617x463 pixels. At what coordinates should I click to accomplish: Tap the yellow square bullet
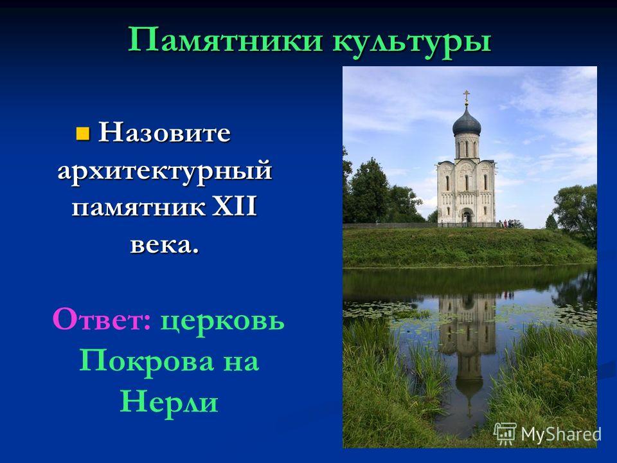pos(82,134)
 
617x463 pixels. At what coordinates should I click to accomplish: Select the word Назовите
pos(164,132)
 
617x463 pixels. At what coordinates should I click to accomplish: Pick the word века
pos(164,245)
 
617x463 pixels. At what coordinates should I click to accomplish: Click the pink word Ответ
pos(102,320)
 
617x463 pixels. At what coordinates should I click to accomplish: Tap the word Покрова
pos(147,361)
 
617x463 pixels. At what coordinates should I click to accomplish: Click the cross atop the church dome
pos(467,96)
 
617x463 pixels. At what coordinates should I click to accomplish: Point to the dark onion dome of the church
pos(467,122)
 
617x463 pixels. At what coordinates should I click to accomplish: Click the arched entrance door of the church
pos(467,217)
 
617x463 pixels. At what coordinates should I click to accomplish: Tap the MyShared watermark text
pos(562,434)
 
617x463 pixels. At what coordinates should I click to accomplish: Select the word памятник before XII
pos(139,208)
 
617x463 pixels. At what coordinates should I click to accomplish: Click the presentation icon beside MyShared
pos(505,434)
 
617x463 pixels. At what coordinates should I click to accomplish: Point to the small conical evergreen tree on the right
pos(551,222)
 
